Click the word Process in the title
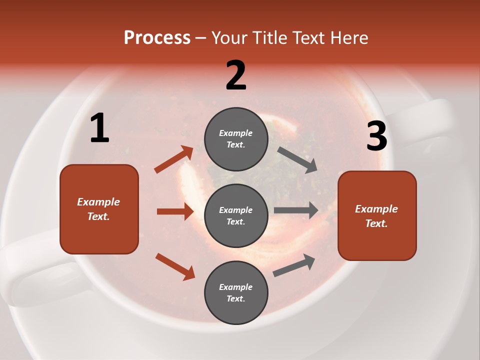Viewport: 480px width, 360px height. click(x=157, y=38)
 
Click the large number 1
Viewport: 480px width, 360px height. click(x=99, y=128)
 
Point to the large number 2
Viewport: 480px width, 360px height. click(x=236, y=75)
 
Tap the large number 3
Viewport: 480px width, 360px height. click(x=376, y=136)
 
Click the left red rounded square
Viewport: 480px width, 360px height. click(x=99, y=209)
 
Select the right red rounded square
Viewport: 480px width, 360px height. click(x=377, y=216)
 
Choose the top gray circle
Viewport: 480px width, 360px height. click(x=236, y=139)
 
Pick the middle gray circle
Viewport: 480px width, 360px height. click(x=236, y=216)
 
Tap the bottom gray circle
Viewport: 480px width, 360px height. click(x=236, y=292)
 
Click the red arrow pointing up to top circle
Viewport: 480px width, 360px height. click(x=174, y=159)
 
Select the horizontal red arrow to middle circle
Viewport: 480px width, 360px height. click(x=175, y=211)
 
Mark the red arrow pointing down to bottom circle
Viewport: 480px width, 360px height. click(x=175, y=266)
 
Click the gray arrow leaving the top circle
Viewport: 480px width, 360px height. click(x=297, y=159)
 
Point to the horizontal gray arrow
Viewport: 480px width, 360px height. click(x=296, y=210)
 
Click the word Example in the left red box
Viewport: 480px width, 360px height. click(x=98, y=202)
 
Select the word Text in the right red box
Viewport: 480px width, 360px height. click(x=376, y=223)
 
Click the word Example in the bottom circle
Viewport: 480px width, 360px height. click(x=236, y=287)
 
